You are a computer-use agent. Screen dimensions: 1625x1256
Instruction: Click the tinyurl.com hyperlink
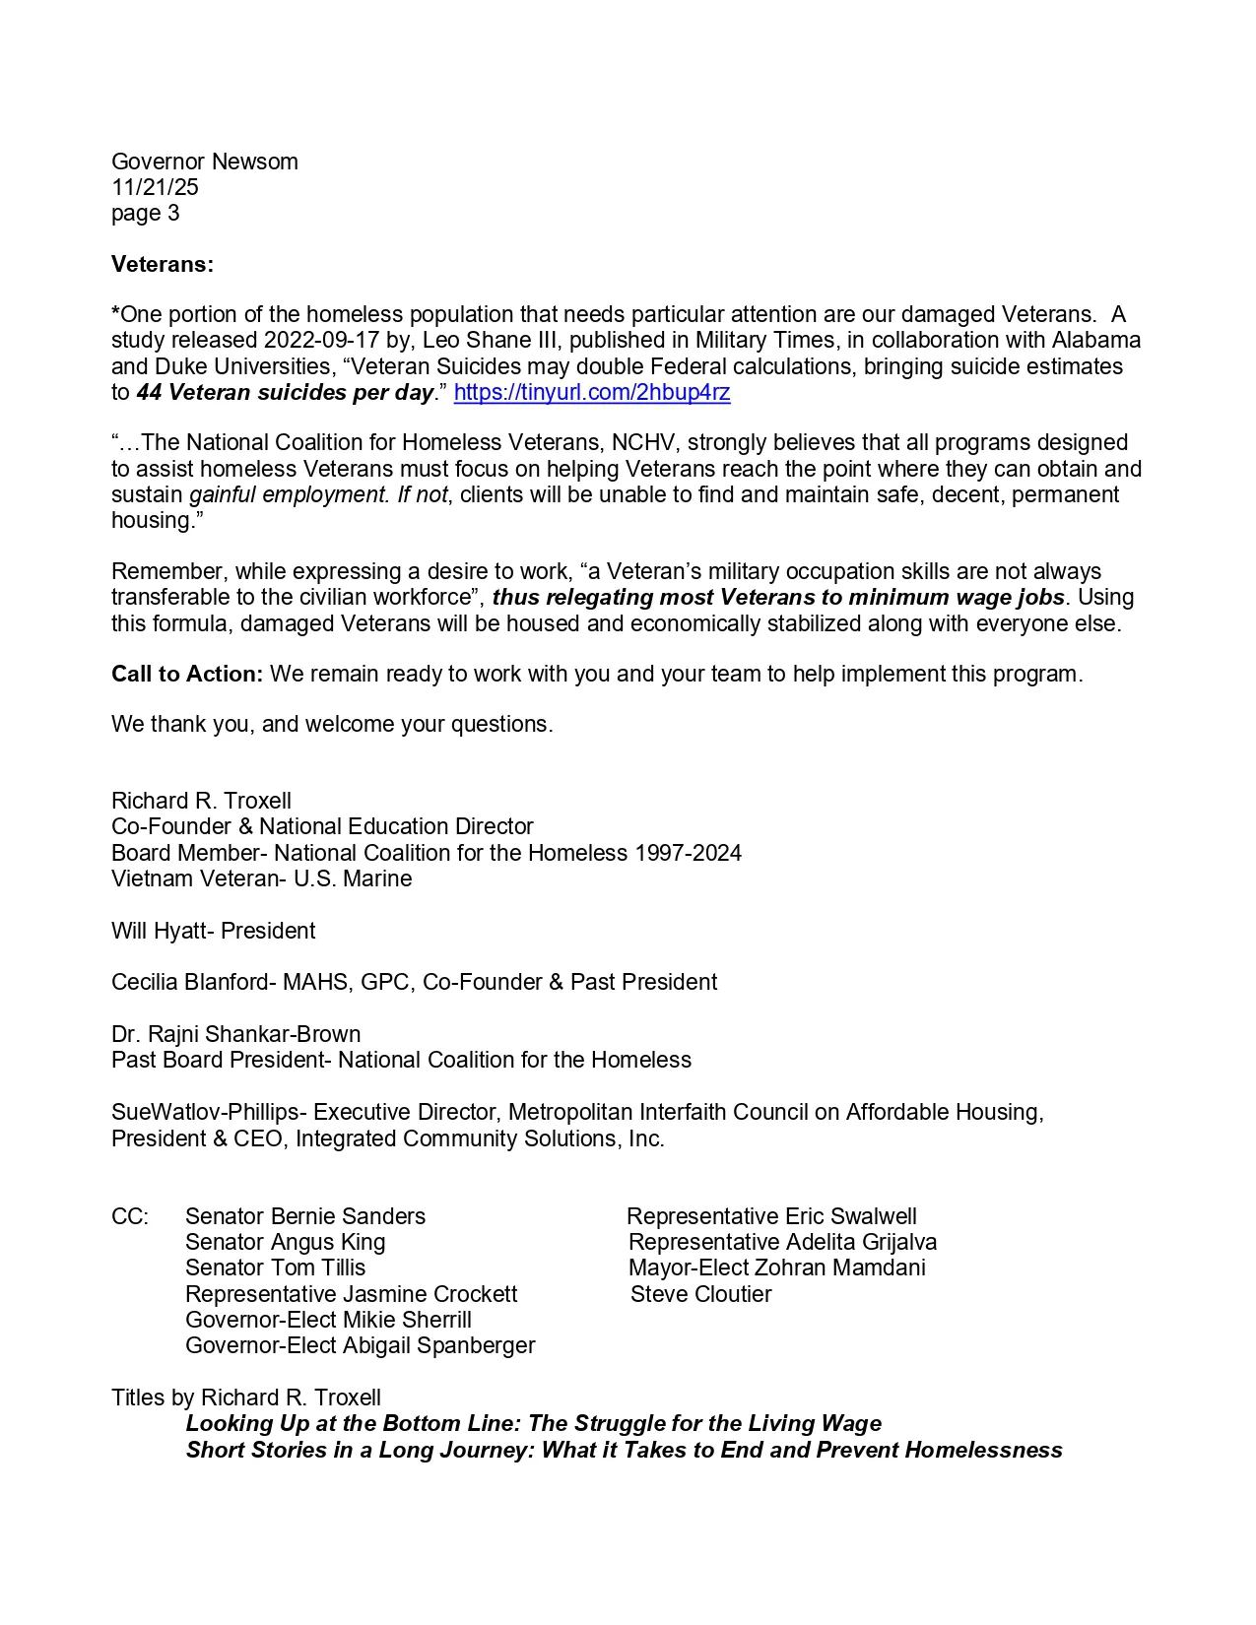(x=591, y=392)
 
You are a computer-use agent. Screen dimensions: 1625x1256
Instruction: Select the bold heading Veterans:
(x=163, y=264)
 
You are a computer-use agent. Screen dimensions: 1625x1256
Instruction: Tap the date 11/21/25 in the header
(x=155, y=187)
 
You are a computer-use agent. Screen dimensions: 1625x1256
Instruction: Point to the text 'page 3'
(x=146, y=213)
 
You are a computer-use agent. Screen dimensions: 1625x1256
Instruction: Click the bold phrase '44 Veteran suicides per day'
(x=285, y=392)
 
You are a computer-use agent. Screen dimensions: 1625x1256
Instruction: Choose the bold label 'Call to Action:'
(x=187, y=674)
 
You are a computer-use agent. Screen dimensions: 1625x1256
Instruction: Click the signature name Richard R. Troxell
(x=201, y=801)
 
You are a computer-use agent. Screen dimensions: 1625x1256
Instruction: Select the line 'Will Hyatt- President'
(x=213, y=931)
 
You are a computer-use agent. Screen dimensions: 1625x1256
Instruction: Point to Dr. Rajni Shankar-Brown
(x=235, y=1034)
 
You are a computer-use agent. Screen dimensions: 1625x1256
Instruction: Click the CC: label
(x=130, y=1216)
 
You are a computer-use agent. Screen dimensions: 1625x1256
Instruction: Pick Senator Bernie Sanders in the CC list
(x=305, y=1216)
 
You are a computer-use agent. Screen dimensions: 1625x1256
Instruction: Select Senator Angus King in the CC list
(x=285, y=1242)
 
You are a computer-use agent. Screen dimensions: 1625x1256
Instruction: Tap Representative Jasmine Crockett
(x=351, y=1294)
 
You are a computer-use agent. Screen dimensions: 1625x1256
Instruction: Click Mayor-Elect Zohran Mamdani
(x=776, y=1267)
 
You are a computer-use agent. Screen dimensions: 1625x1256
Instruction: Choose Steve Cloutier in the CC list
(x=700, y=1294)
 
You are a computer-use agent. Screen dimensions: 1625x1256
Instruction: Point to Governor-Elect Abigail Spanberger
(x=360, y=1345)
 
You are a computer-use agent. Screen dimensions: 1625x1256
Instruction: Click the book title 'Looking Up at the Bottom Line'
(x=533, y=1423)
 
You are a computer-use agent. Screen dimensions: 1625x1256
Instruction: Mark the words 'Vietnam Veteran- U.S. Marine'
(x=261, y=878)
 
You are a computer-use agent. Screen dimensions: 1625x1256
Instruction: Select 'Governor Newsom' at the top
(x=204, y=162)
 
